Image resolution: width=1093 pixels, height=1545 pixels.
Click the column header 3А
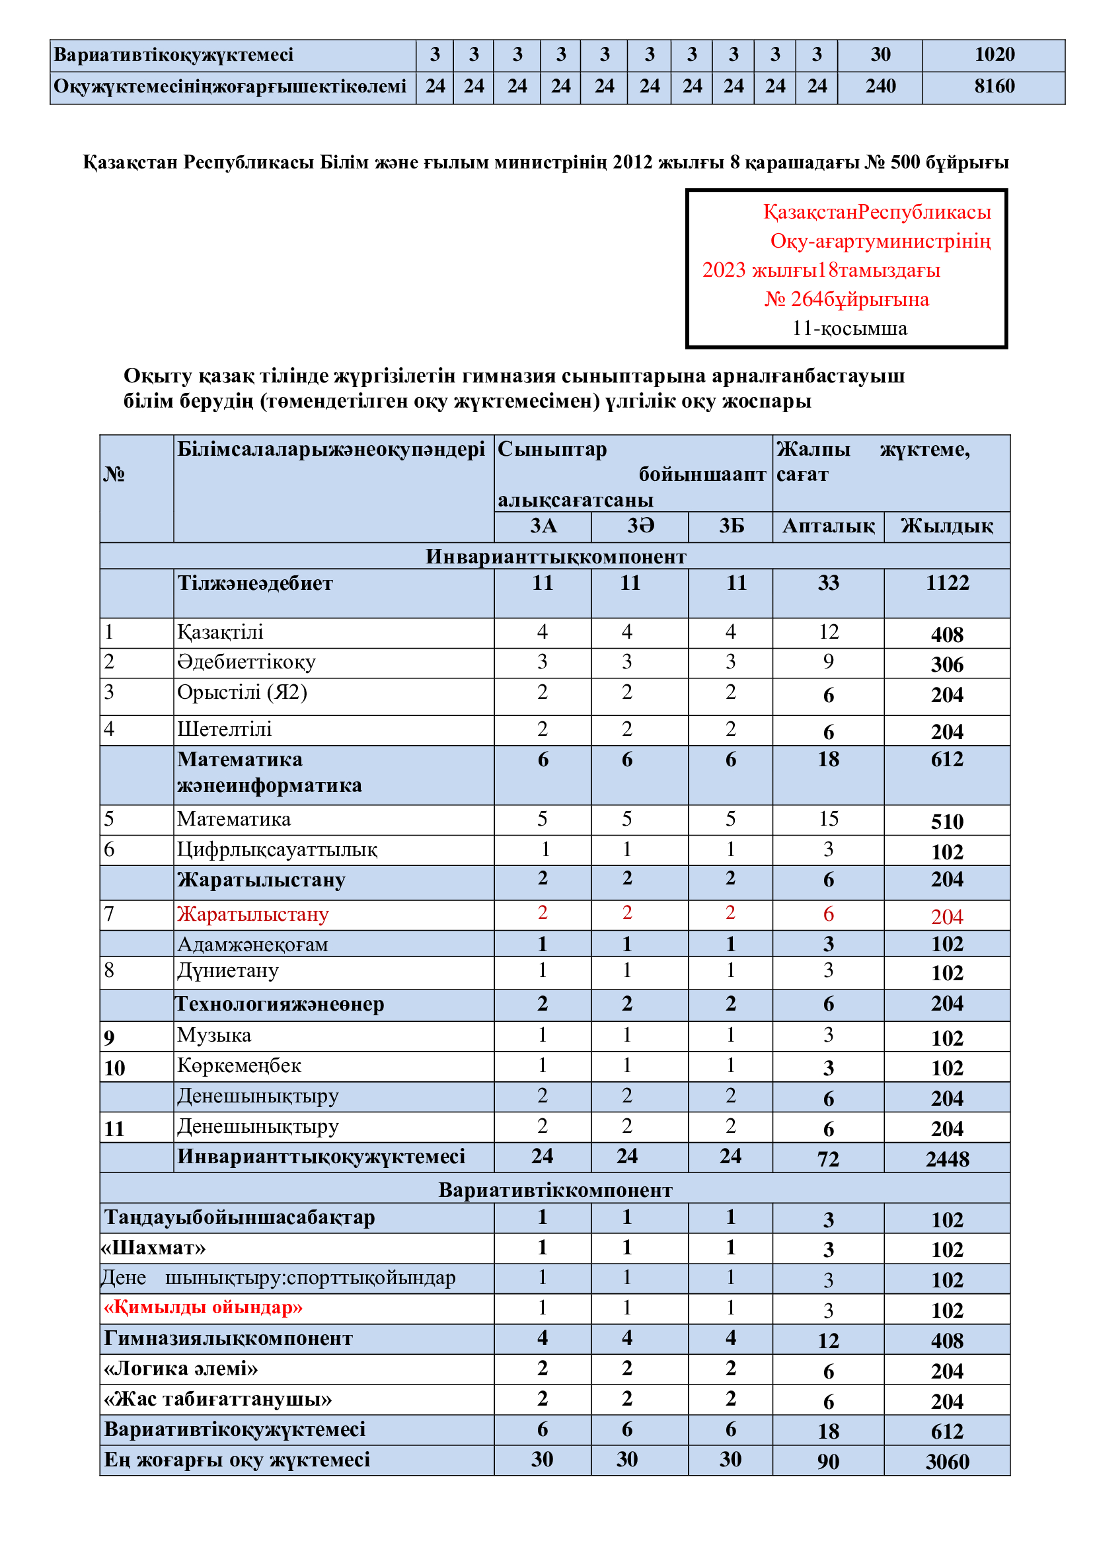[x=543, y=526]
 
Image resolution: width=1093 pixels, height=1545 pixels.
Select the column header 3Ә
[x=640, y=526]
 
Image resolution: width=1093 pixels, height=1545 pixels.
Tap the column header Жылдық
[x=946, y=526]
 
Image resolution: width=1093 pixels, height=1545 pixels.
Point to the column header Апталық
[x=828, y=526]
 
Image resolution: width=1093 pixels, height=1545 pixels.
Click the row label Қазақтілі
[x=220, y=632]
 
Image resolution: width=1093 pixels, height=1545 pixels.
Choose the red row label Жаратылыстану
[x=252, y=914]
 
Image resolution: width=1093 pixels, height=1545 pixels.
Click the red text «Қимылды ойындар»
[x=203, y=1307]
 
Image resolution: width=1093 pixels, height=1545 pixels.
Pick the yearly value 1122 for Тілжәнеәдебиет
[x=947, y=583]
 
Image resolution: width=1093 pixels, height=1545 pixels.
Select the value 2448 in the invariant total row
[x=947, y=1159]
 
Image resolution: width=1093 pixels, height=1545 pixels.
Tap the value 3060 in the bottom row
[x=947, y=1462]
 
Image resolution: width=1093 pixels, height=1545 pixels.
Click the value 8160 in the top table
[x=994, y=86]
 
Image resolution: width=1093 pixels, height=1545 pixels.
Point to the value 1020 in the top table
[x=994, y=55]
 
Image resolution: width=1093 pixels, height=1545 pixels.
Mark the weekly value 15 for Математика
[x=828, y=819]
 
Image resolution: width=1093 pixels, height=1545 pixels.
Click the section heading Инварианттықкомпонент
[x=555, y=556]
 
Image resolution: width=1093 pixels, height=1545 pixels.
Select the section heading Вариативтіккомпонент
[x=555, y=1190]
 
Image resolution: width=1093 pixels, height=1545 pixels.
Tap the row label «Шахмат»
[x=153, y=1248]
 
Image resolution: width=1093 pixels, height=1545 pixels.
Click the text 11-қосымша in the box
[x=849, y=328]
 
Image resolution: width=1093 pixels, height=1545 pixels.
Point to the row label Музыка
[x=214, y=1035]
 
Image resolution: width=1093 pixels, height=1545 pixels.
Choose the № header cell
[x=114, y=474]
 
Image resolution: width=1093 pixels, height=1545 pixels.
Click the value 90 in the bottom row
[x=828, y=1462]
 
